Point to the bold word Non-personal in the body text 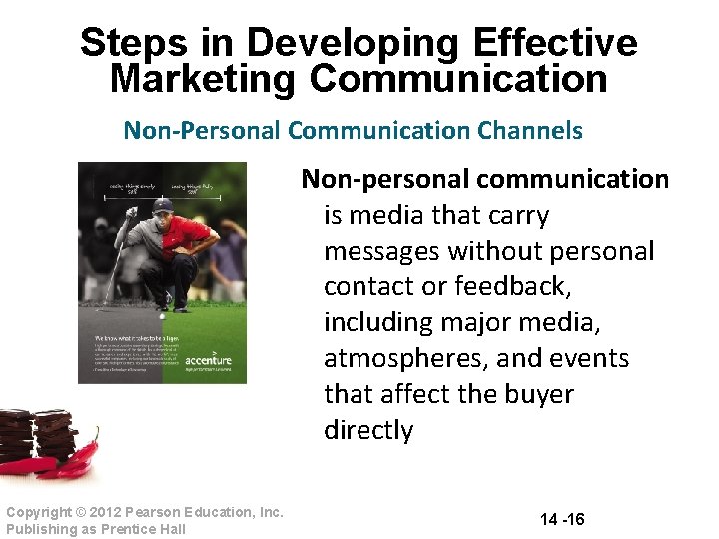click(384, 179)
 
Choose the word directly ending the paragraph click(368, 430)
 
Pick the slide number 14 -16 click(562, 519)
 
